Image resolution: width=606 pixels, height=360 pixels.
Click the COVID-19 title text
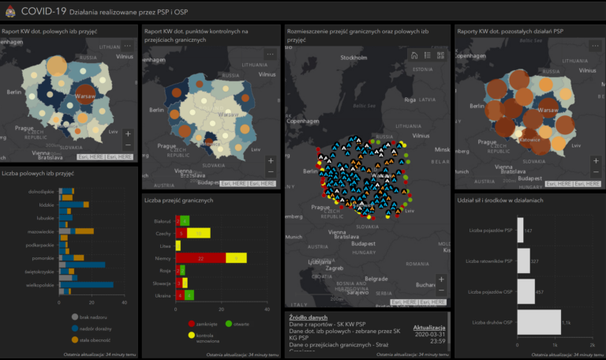(x=44, y=10)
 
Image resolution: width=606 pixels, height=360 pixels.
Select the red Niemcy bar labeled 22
(x=200, y=258)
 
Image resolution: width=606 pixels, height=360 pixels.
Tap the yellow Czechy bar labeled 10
(x=198, y=234)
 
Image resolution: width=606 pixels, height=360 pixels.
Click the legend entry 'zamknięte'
(x=207, y=323)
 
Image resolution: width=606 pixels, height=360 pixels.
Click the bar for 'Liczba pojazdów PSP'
(x=519, y=231)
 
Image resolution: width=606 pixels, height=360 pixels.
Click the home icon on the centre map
(x=413, y=55)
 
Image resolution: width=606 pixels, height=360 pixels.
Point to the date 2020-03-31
(x=429, y=334)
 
